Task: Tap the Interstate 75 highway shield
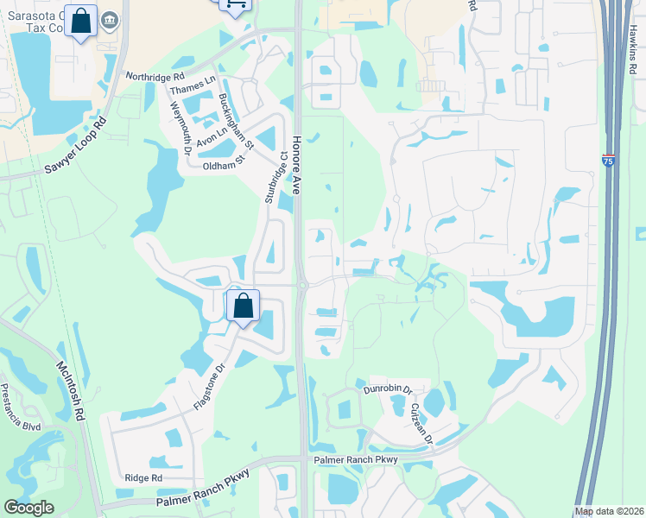click(x=608, y=161)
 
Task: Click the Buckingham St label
click(x=235, y=118)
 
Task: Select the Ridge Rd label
click(x=143, y=477)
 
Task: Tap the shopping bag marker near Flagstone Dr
click(x=243, y=306)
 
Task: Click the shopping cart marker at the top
click(x=234, y=4)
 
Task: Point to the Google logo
click(x=28, y=509)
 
